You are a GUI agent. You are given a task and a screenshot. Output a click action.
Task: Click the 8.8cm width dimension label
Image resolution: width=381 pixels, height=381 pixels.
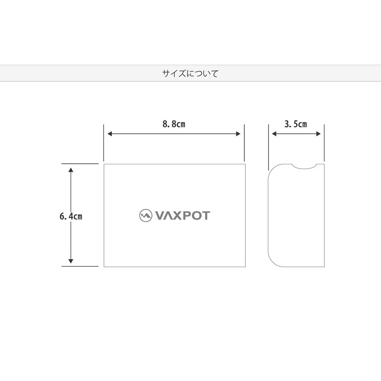click(173, 124)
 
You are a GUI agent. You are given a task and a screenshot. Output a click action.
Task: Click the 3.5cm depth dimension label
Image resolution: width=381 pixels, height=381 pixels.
click(295, 124)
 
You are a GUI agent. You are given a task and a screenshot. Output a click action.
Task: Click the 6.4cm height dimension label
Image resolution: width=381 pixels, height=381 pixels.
click(71, 216)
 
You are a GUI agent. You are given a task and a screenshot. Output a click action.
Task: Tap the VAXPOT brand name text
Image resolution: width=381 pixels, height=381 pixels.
click(181, 215)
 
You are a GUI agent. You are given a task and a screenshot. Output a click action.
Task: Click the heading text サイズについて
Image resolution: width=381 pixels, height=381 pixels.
click(190, 74)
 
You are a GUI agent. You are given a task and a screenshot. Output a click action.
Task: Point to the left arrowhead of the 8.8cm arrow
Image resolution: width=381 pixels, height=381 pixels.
click(109, 134)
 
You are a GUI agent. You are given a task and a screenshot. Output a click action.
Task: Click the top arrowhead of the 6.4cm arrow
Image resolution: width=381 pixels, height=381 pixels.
click(70, 170)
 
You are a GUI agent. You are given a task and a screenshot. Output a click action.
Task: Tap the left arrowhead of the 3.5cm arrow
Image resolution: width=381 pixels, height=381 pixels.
click(274, 134)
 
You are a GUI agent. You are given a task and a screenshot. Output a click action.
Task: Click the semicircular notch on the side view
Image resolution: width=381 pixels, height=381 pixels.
click(304, 166)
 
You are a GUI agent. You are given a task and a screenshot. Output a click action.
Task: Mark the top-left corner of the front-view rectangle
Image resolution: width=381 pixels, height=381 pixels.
click(104, 164)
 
